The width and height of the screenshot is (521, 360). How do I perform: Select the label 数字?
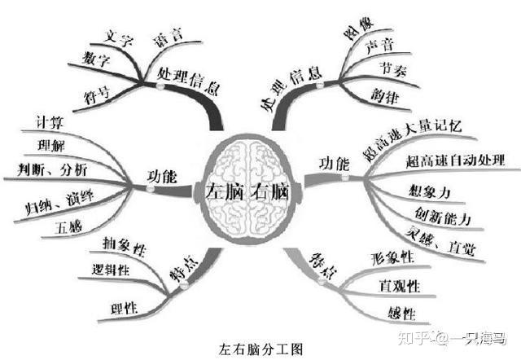96,58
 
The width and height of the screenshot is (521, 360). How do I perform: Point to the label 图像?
358,34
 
